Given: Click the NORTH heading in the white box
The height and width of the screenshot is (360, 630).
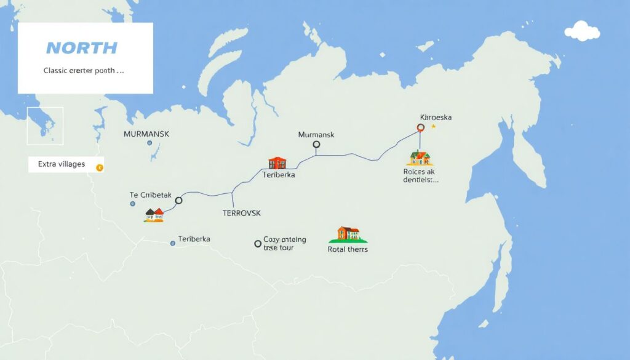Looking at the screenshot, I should point(81,48).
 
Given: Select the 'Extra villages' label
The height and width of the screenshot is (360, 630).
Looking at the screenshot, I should point(61,164).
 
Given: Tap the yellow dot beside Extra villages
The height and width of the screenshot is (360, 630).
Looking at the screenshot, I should point(100,167).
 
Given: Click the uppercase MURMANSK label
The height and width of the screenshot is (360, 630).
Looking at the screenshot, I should point(146,134).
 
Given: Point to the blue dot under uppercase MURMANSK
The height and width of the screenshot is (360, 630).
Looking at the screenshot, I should point(150,143).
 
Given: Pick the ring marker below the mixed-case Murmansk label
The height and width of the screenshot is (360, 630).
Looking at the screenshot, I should point(316,145).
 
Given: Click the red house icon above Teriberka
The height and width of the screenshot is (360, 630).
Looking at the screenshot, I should point(277,162).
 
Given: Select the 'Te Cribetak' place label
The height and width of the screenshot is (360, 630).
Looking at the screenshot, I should point(151,194).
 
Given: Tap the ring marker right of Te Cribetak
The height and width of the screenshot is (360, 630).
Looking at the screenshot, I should point(179,200).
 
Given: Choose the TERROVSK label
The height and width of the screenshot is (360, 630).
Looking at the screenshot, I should point(241,213).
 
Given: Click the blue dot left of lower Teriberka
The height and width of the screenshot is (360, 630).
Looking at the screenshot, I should point(173,243).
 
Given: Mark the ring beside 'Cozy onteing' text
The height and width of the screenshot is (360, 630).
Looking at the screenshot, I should point(258,244).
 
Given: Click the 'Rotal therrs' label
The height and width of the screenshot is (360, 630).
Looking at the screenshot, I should point(348,249).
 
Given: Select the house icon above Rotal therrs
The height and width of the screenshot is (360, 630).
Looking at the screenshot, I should point(348,234).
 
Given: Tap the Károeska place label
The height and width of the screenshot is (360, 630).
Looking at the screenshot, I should point(436,117).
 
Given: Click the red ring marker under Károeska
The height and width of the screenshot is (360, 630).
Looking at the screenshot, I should point(421,128).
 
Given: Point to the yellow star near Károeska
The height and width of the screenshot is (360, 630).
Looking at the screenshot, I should point(433,126).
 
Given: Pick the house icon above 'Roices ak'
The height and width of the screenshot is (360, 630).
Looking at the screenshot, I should point(421,158).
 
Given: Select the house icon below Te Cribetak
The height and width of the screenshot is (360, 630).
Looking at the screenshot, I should point(154,214).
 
